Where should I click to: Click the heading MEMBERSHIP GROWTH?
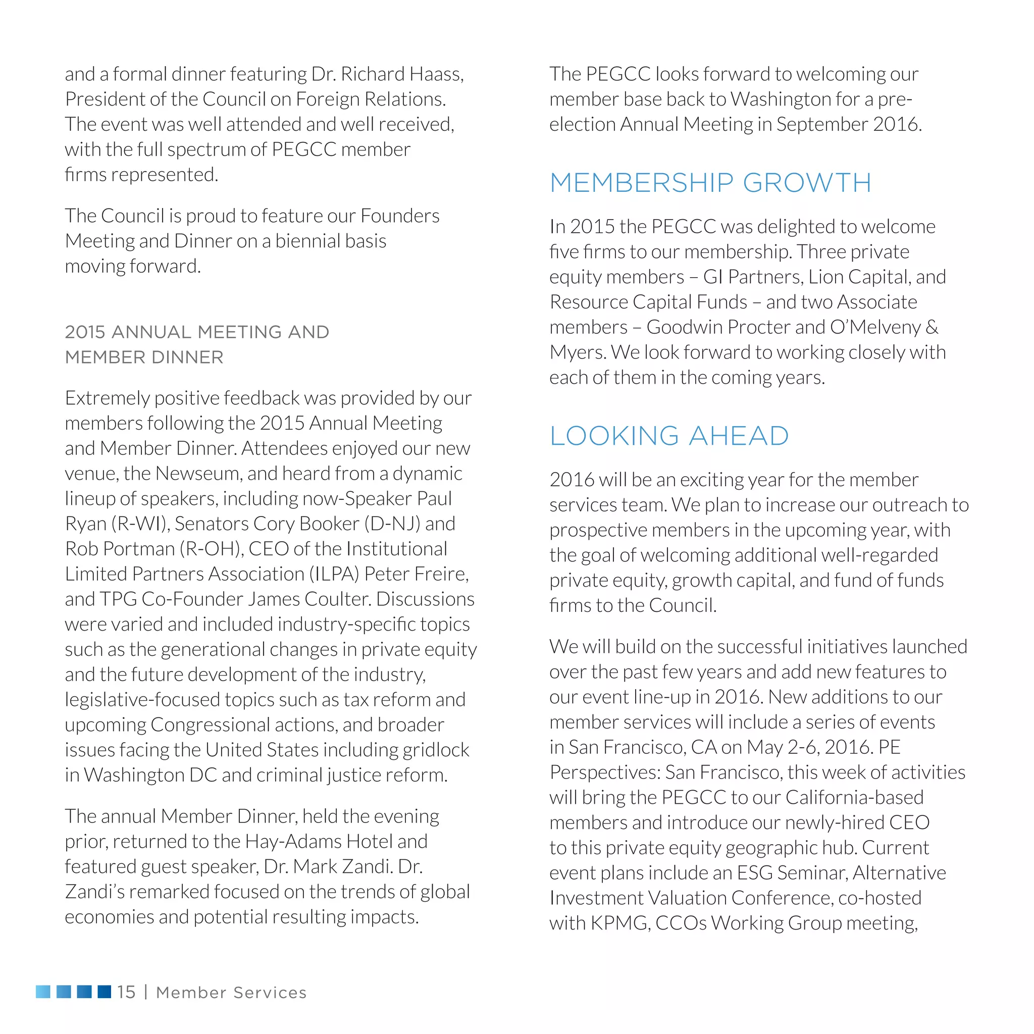[x=710, y=183]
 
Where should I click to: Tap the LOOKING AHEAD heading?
[x=669, y=436]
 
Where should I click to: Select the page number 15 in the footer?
[x=126, y=992]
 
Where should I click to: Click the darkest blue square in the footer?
[x=105, y=992]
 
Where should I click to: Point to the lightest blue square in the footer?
[x=43, y=992]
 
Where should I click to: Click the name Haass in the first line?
[x=435, y=74]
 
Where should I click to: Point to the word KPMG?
[x=620, y=923]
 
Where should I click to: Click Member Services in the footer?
[x=231, y=993]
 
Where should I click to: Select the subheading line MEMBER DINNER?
[x=144, y=357]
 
